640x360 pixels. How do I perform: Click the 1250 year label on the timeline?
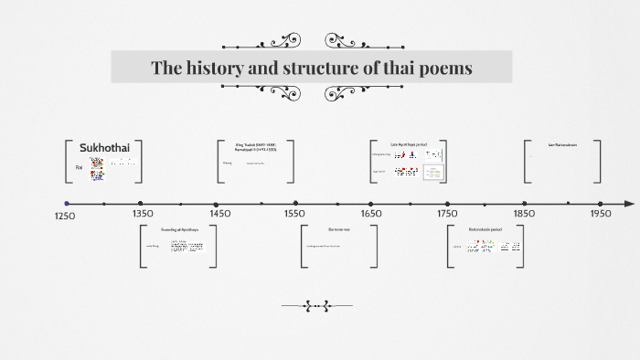pyautogui.click(x=64, y=217)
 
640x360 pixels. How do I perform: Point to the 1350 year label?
pyautogui.click(x=143, y=213)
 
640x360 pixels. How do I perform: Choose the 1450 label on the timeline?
pyautogui.click(x=219, y=213)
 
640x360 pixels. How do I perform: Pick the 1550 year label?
pyautogui.click(x=294, y=213)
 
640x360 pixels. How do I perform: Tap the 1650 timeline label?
pyautogui.click(x=371, y=213)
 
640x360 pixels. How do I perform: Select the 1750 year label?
pyautogui.click(x=447, y=213)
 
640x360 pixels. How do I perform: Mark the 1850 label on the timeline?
pyautogui.click(x=524, y=213)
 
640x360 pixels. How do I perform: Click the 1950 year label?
pyautogui.click(x=601, y=213)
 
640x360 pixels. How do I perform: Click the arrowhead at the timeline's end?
pyautogui.click(x=629, y=203)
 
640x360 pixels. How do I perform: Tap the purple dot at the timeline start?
pyautogui.click(x=67, y=203)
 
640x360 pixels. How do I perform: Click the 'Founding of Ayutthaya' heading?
pyautogui.click(x=179, y=228)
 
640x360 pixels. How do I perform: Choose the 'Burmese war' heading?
pyautogui.click(x=338, y=228)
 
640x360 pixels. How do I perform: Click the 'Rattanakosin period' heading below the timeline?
pyautogui.click(x=485, y=228)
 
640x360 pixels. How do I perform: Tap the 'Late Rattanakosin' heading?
pyautogui.click(x=562, y=144)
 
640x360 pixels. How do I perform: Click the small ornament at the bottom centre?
pyautogui.click(x=315, y=307)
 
